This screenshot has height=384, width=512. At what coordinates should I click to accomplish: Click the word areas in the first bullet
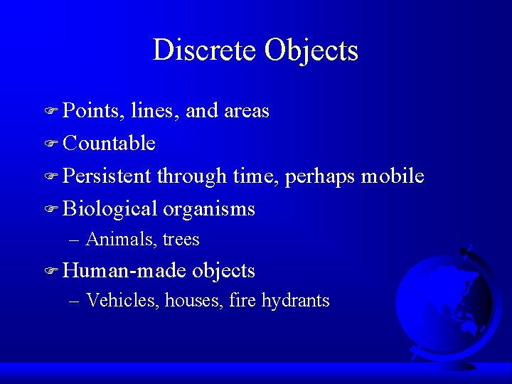point(246,111)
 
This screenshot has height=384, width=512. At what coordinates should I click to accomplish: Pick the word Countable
point(109,144)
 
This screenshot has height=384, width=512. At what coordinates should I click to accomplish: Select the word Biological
point(110,210)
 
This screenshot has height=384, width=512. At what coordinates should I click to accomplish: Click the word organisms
point(209,210)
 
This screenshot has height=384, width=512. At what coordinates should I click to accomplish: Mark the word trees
point(181,240)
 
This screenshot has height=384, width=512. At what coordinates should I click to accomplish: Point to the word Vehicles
point(122,301)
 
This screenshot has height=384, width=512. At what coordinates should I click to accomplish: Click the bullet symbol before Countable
point(50,144)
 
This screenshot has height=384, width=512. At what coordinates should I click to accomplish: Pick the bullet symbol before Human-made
point(50,272)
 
